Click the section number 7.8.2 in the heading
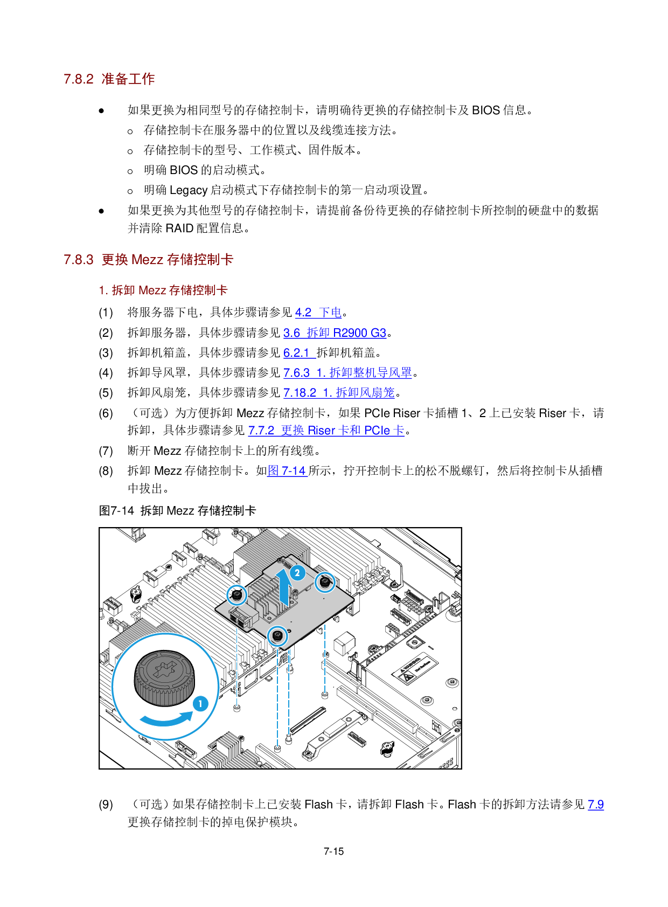coord(79,79)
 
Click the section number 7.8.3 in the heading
coord(79,260)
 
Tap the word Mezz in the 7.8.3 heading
coord(147,260)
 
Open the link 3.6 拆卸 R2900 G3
coord(335,333)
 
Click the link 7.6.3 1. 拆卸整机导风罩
coord(347,373)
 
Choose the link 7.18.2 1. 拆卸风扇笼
coord(339,393)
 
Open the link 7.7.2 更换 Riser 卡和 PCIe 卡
coord(326,431)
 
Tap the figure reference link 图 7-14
coord(287,471)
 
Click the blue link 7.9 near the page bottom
coord(596,805)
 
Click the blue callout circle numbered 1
coord(200,703)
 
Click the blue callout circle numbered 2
coord(297,573)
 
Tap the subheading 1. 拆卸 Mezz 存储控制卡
coord(163,290)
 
